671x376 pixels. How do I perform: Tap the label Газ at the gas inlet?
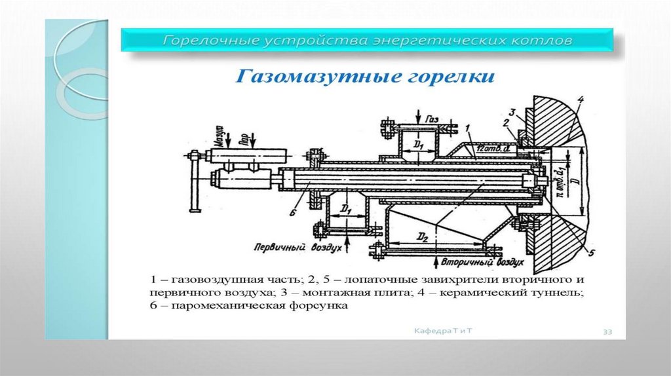(x=431, y=121)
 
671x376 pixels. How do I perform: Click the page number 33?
(x=607, y=333)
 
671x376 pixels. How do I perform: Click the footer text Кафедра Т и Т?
(x=443, y=331)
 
